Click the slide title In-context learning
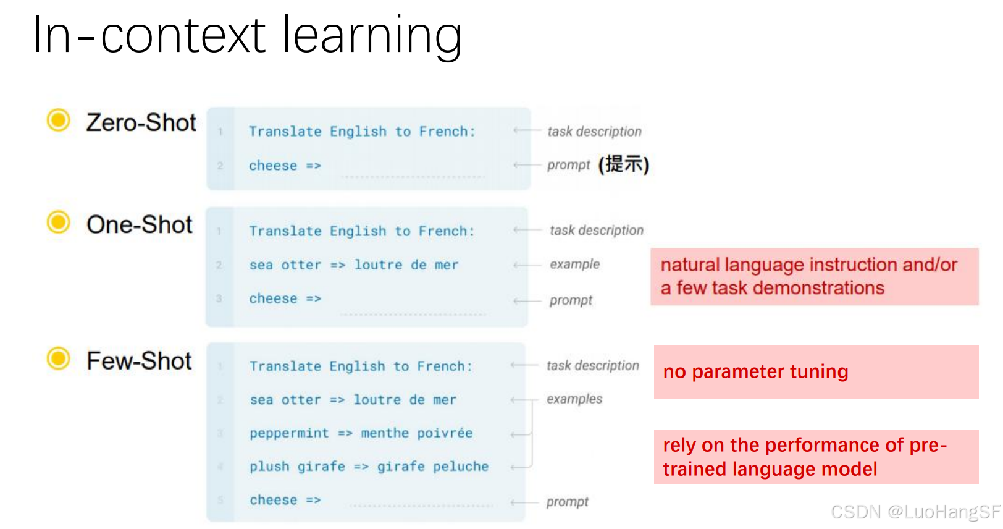(x=247, y=36)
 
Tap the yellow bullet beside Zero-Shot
(x=59, y=120)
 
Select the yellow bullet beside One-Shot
(x=59, y=222)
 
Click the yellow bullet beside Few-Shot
(x=59, y=358)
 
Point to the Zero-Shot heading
(x=141, y=122)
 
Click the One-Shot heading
(x=139, y=225)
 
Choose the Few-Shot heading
(x=139, y=361)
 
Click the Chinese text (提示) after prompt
(x=623, y=164)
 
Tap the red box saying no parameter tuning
(x=816, y=371)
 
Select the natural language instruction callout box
(x=814, y=276)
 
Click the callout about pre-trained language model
(x=816, y=457)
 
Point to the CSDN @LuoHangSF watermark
(x=915, y=512)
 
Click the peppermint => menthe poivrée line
(x=361, y=433)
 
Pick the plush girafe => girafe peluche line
(x=369, y=467)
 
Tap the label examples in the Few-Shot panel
(x=574, y=399)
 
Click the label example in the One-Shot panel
(x=574, y=264)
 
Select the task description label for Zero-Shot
(x=594, y=132)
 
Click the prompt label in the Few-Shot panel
(x=567, y=502)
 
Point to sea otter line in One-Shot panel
(x=353, y=265)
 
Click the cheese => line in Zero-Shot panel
(x=285, y=166)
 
